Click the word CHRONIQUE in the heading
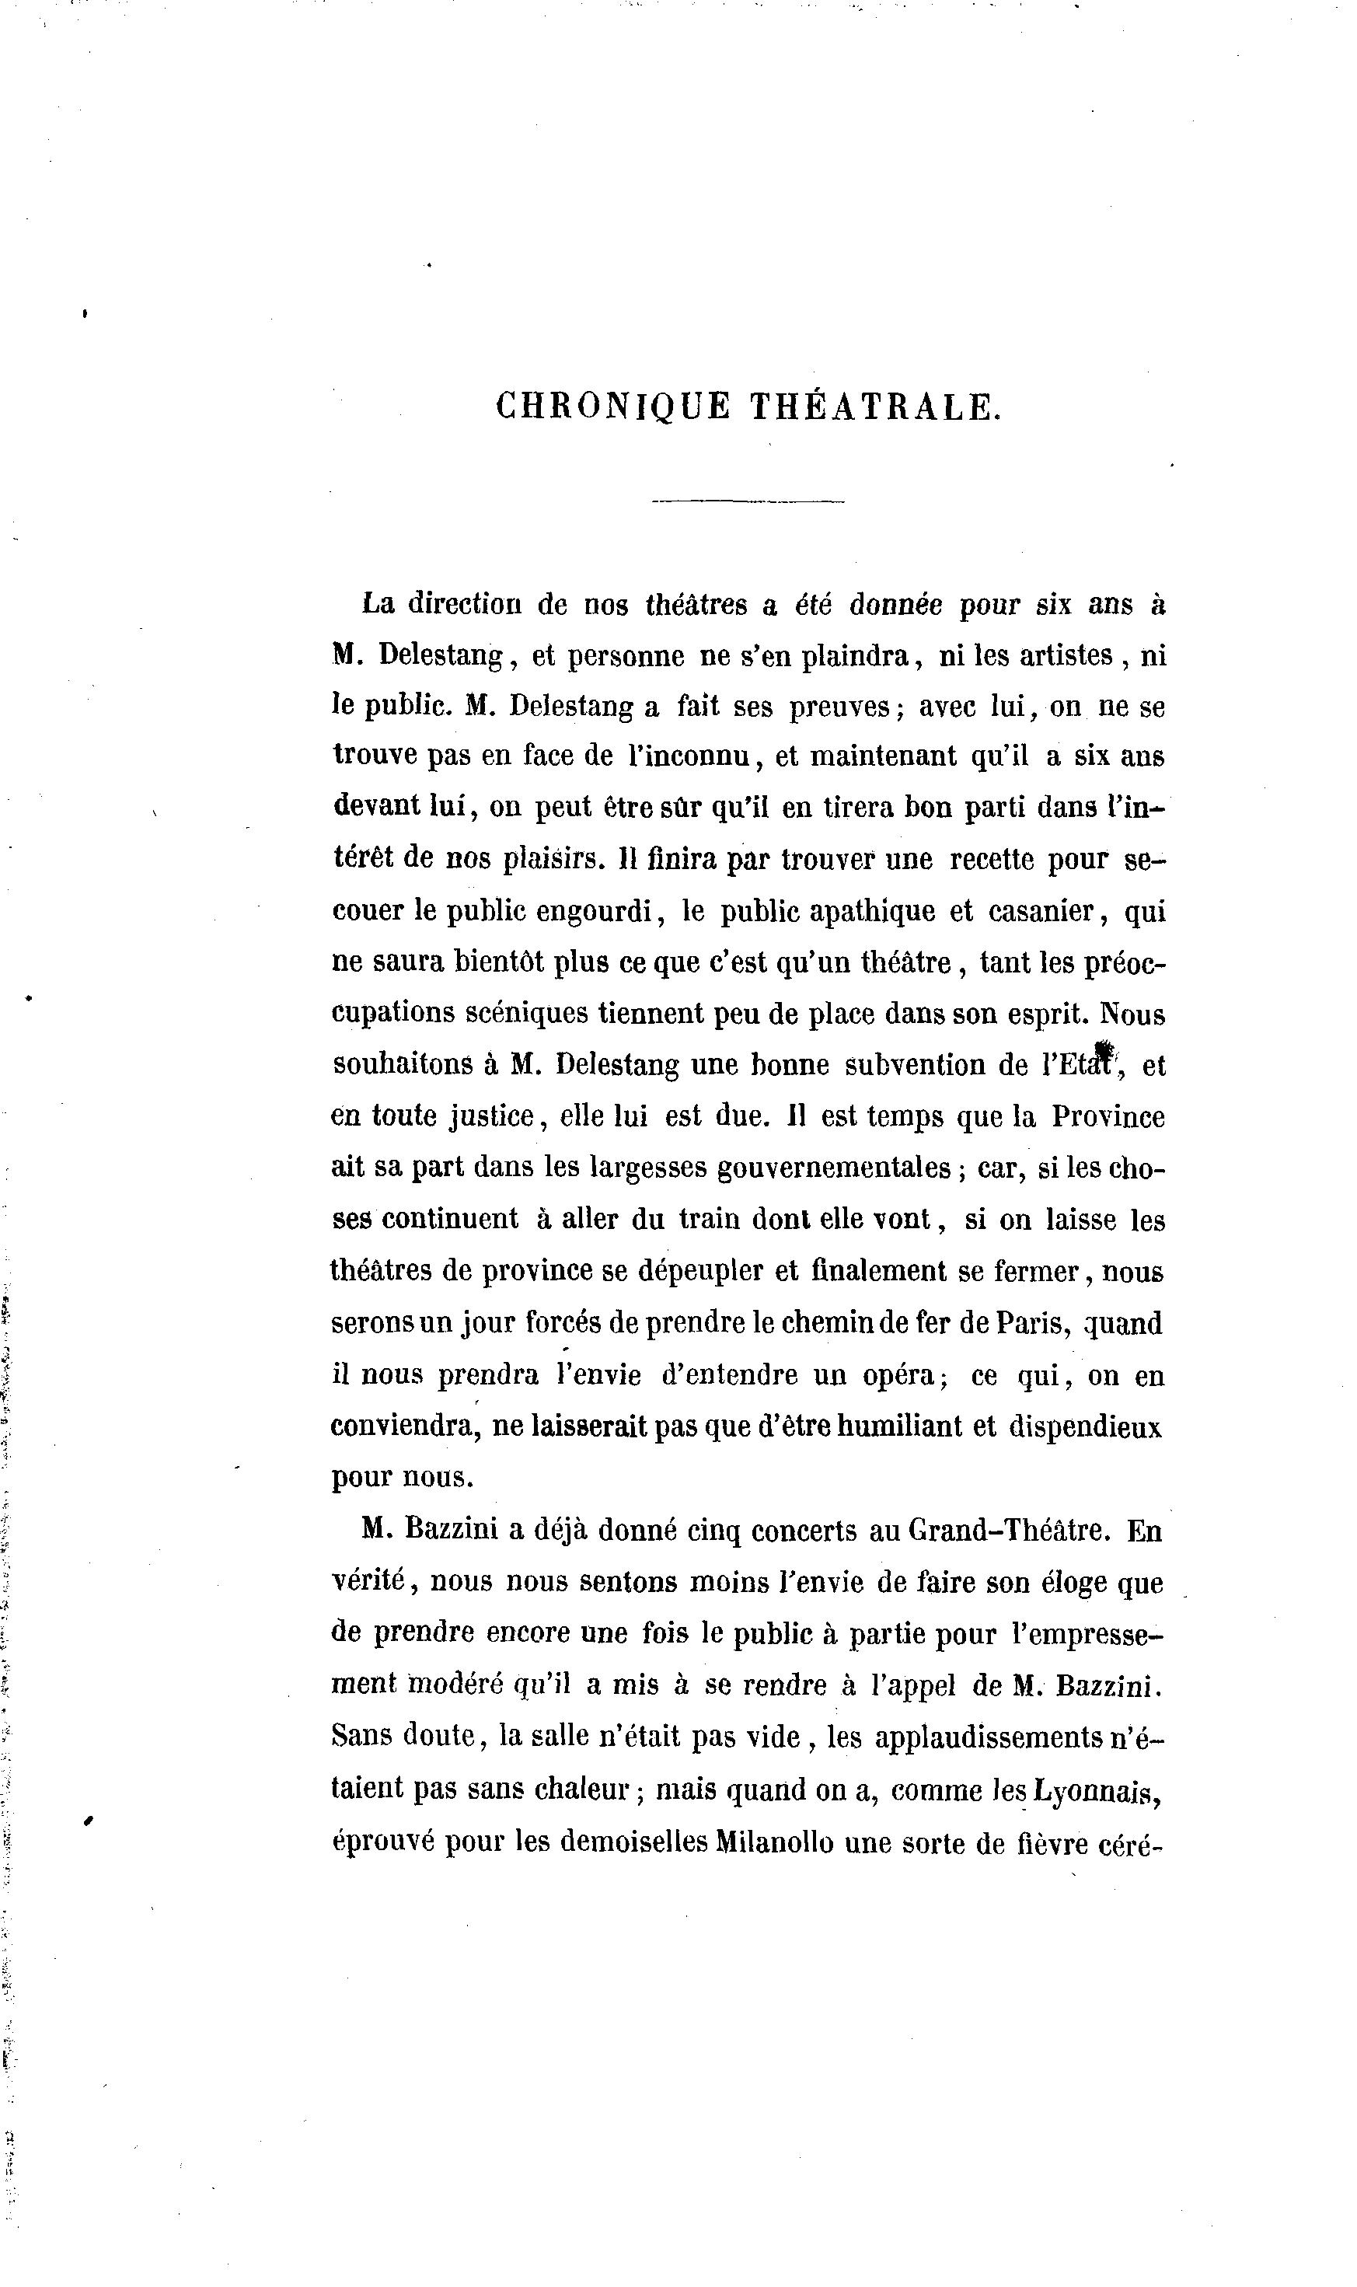[612, 407]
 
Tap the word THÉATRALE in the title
[875, 407]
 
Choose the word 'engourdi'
[595, 912]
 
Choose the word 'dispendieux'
[1086, 1426]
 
